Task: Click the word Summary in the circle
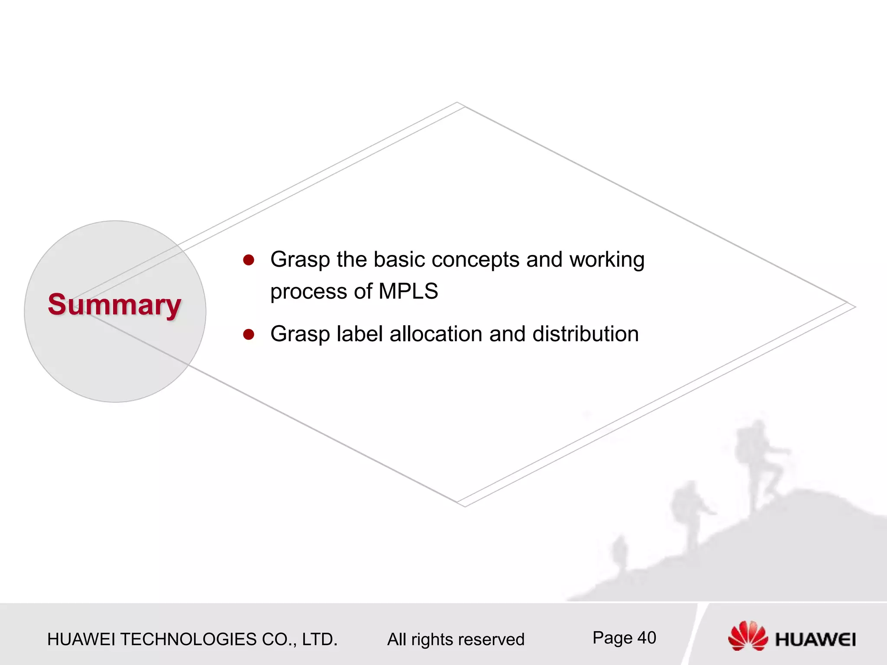coord(114,305)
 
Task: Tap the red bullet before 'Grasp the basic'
coord(249,260)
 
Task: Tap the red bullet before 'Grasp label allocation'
coord(249,334)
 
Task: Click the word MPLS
coord(408,291)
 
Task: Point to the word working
coord(607,260)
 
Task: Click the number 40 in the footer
coord(647,638)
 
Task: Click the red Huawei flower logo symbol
coord(748,636)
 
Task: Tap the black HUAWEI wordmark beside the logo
coord(815,640)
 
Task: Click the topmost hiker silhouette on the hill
coord(760,463)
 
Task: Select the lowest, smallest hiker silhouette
coord(621,552)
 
